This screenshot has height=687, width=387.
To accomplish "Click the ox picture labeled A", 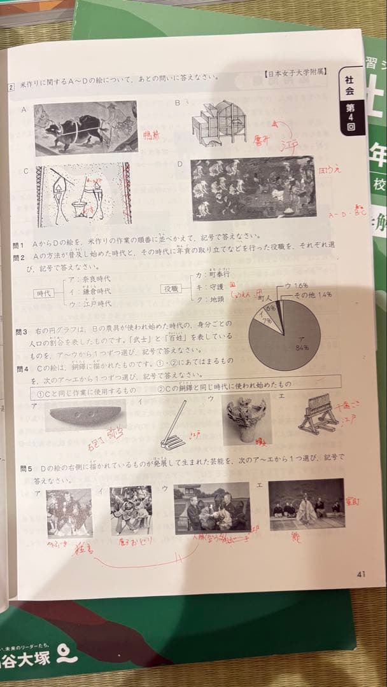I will [85, 128].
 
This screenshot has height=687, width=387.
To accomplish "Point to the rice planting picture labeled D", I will [253, 188].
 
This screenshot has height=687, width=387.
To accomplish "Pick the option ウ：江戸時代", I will [93, 303].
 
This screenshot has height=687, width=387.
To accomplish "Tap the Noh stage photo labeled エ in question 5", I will [306, 505].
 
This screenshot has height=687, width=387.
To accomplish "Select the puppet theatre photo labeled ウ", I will [212, 506].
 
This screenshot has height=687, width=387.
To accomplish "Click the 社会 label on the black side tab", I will [350, 85].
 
